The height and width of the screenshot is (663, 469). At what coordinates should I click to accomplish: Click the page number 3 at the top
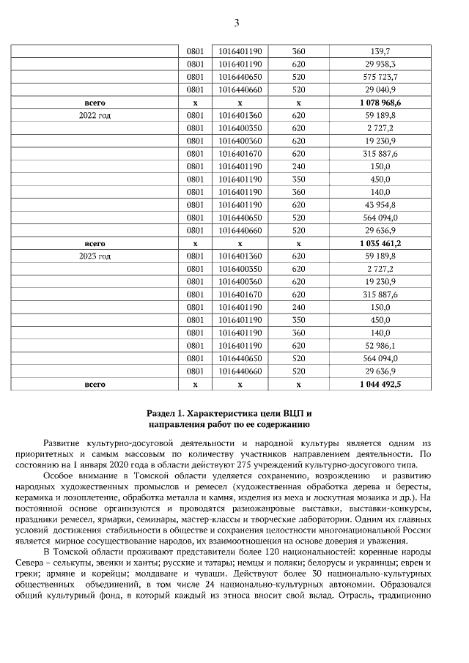[236, 23]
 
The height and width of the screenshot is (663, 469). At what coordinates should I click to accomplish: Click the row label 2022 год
[95, 116]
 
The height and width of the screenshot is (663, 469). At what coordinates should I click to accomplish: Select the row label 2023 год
[95, 256]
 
